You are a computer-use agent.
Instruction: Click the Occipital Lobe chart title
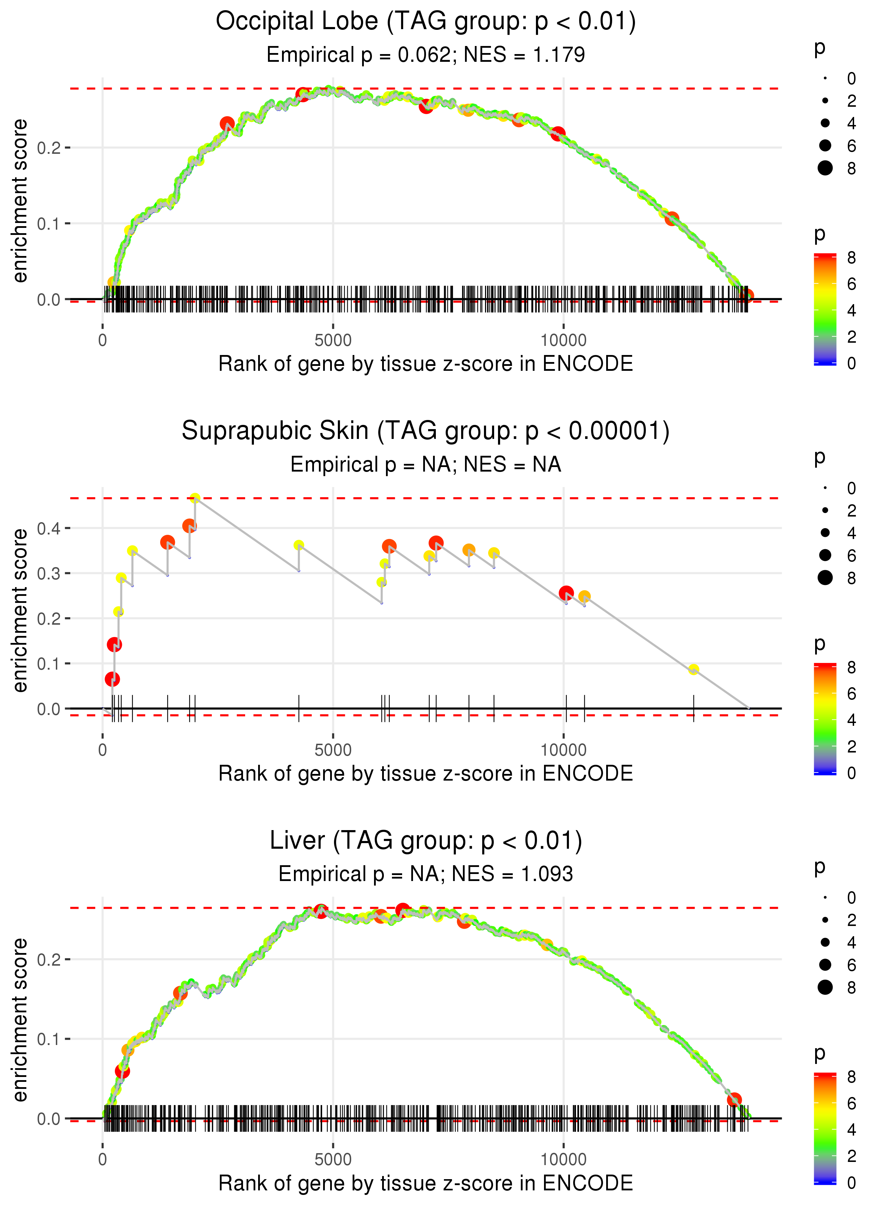click(426, 22)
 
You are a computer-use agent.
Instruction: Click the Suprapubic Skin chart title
click(426, 431)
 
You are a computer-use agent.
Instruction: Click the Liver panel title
click(426, 841)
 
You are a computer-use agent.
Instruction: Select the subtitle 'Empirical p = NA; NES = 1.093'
click(426, 874)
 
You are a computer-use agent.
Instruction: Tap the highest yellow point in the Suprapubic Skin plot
click(195, 498)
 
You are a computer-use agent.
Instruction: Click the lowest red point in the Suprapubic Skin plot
click(112, 679)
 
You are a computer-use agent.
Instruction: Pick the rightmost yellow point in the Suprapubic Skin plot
click(694, 670)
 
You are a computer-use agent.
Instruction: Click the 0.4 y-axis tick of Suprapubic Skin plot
click(49, 528)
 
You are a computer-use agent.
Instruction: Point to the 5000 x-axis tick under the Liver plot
click(333, 1159)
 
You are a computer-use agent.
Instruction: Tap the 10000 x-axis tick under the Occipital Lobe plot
click(563, 340)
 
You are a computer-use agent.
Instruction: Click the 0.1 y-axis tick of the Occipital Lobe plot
click(49, 223)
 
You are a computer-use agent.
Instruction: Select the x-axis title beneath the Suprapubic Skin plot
click(426, 774)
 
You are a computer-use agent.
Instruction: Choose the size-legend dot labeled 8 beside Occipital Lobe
click(825, 168)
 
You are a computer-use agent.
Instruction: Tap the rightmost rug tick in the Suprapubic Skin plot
click(694, 709)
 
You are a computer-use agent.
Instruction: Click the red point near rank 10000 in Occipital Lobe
click(558, 133)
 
